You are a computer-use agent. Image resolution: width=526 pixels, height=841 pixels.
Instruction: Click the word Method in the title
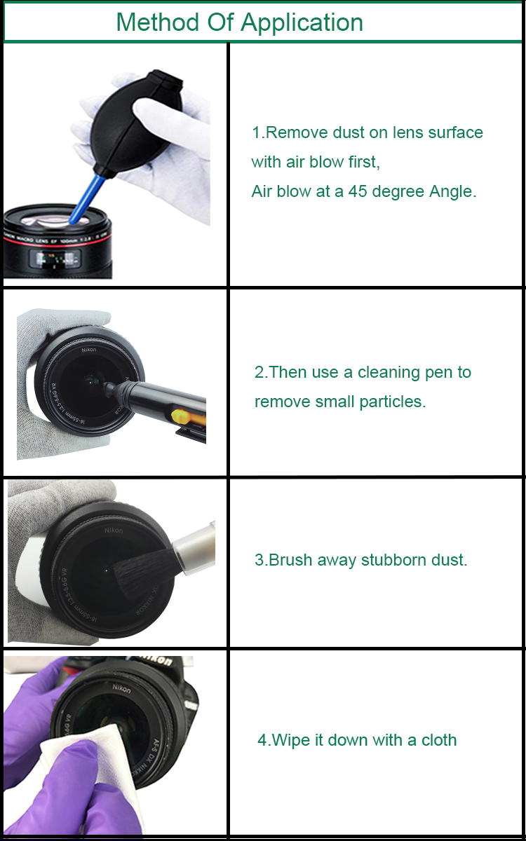(158, 22)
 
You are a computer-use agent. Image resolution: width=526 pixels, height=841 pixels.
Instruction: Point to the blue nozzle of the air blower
(86, 199)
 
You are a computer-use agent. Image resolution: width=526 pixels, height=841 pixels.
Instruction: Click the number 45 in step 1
(357, 191)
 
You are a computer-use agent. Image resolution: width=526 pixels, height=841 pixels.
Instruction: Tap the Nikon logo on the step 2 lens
(89, 350)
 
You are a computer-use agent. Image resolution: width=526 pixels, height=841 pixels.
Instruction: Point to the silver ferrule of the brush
(194, 544)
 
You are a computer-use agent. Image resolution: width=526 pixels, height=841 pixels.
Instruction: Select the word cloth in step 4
(439, 740)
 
